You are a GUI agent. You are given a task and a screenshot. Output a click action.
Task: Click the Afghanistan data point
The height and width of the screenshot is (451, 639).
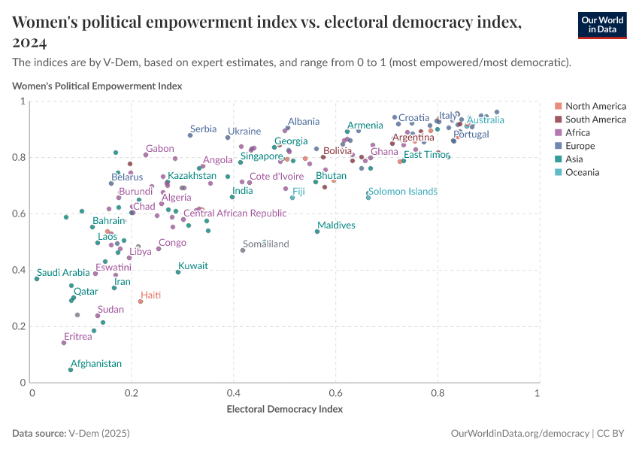(x=71, y=370)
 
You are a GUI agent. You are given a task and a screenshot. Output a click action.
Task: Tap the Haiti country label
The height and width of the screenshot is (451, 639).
(x=151, y=295)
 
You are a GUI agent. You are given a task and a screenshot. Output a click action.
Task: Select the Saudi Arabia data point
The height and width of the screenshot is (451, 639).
(x=36, y=279)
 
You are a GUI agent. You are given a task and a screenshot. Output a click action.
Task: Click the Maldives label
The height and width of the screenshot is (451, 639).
(x=336, y=225)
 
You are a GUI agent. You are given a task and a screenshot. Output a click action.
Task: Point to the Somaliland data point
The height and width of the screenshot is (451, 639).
(x=243, y=250)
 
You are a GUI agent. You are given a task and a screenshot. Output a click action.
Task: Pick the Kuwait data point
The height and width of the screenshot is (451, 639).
(x=178, y=272)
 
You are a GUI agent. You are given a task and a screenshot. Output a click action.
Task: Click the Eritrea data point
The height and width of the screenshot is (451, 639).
(x=64, y=343)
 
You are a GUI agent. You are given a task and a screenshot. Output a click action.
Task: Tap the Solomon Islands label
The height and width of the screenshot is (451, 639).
(x=402, y=192)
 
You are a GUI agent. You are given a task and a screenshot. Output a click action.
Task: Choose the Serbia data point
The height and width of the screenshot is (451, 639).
(x=190, y=135)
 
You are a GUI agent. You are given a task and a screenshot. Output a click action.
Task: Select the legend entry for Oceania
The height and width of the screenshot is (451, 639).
(x=583, y=173)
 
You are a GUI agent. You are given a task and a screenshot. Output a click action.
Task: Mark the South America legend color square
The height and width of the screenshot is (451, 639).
(x=558, y=120)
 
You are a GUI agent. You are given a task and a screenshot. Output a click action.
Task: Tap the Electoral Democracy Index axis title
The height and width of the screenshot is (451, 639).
(x=285, y=410)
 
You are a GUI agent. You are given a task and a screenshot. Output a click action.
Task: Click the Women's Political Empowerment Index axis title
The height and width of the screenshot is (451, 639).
(x=97, y=86)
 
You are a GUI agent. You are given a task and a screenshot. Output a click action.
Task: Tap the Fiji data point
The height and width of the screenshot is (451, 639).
(x=292, y=198)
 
